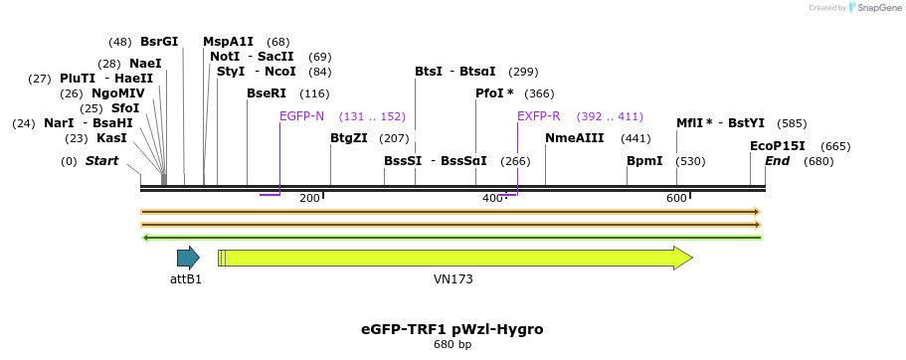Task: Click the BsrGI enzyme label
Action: [159, 42]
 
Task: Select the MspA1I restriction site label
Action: [228, 42]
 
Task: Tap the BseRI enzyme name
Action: [267, 93]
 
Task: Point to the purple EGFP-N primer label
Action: [301, 116]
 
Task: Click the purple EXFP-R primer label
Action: [539, 116]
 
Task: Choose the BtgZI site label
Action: [348, 138]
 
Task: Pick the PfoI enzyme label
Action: [494, 93]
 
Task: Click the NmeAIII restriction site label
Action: [575, 138]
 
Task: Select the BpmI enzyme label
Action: [644, 161]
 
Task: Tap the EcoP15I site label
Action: [778, 146]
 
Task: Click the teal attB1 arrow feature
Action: [188, 259]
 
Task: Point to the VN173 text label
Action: [453, 279]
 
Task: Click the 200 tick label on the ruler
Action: [309, 199]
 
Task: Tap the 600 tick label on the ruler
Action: [677, 199]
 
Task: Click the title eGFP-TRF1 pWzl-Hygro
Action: [453, 328]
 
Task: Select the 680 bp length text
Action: [453, 345]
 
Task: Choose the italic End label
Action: [777, 161]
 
